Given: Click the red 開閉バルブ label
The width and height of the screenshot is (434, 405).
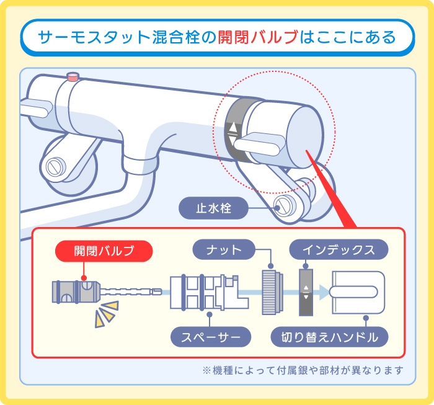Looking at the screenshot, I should coord(103,251).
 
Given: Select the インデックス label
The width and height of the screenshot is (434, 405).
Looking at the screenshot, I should coord(339,250).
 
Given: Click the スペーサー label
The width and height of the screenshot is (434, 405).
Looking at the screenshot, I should coord(210,337).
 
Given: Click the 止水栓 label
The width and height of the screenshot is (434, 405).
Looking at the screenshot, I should coord(213,208).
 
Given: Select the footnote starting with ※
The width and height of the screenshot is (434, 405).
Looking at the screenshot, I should coord(303,370).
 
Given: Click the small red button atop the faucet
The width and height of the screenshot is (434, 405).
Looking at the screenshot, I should coord(73,78).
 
